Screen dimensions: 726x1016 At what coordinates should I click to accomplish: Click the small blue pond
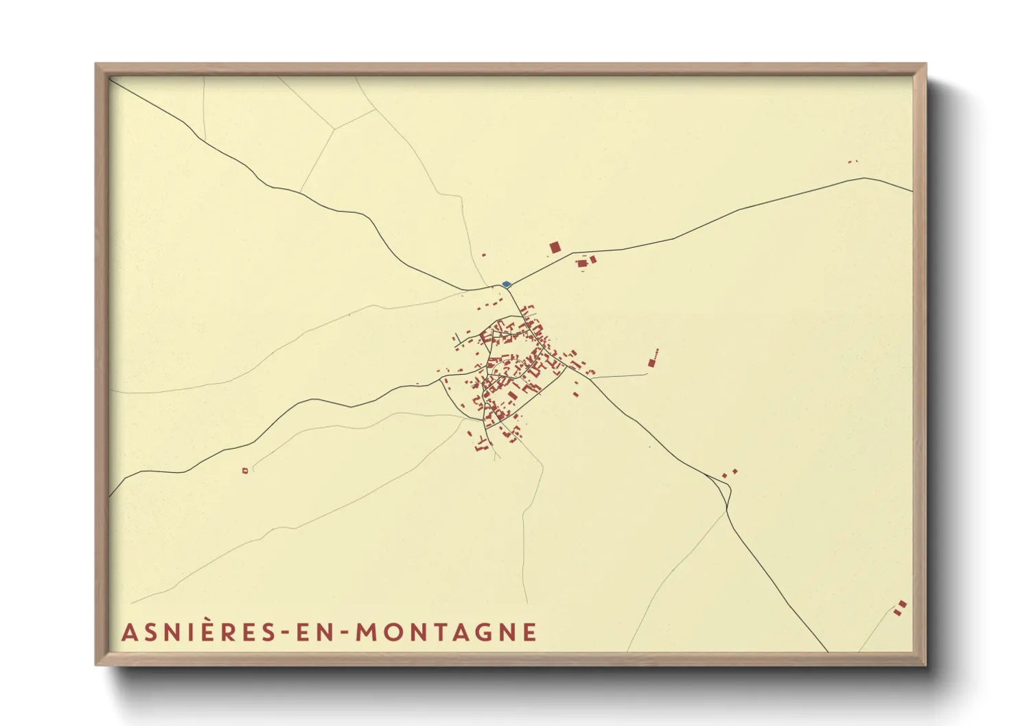(x=506, y=283)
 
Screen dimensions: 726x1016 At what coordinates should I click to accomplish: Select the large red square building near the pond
(x=555, y=247)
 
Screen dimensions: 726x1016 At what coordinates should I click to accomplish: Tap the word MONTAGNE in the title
(x=446, y=632)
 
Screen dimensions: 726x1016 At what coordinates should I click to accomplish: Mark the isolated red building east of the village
(x=651, y=362)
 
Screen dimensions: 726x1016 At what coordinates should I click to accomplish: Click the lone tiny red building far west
(x=245, y=470)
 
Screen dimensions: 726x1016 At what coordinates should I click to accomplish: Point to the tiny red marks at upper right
(x=853, y=162)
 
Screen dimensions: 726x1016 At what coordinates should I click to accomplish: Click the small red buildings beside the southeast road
(x=729, y=473)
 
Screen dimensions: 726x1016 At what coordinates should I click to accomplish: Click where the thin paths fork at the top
(x=334, y=128)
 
